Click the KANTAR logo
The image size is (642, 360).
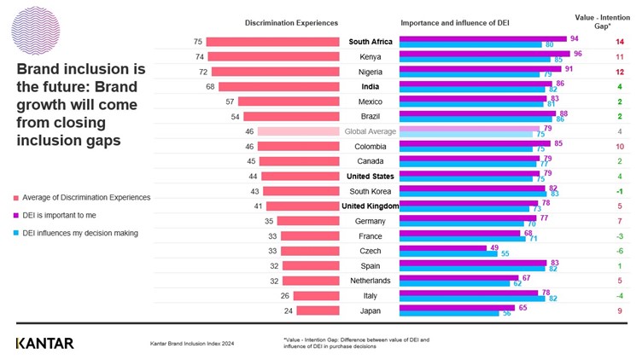coord(44,343)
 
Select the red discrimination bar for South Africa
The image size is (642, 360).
coord(272,41)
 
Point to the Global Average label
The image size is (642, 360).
coord(370,131)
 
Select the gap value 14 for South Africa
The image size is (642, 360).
coord(619,41)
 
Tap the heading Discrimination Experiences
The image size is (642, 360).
coord(291,22)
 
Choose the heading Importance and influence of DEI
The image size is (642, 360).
coord(453,22)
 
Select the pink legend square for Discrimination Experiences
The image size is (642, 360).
coord(18,197)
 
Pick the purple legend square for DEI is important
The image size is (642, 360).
coord(18,214)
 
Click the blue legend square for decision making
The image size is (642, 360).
coord(18,232)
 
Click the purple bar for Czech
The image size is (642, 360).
coord(431,247)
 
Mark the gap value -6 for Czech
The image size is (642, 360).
coord(620,251)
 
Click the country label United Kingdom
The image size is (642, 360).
coord(370,206)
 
